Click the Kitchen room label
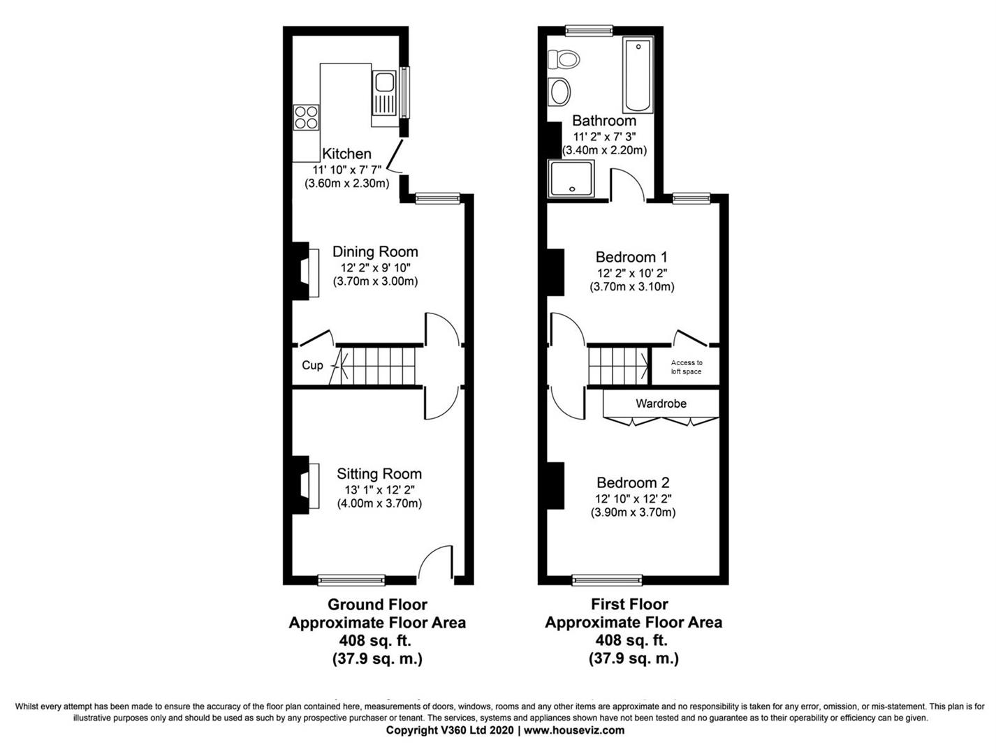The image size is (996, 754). point(346,154)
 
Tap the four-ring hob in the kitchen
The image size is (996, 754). point(306,117)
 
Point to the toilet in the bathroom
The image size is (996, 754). point(565,59)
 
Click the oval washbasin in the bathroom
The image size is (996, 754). point(560,91)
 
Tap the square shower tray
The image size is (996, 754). point(572,178)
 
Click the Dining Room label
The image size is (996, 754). point(375,252)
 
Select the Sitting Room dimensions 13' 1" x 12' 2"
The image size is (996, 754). point(379,489)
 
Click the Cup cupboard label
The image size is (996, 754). point(312,365)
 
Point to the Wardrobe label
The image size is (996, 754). point(661,404)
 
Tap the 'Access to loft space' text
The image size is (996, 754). point(687,367)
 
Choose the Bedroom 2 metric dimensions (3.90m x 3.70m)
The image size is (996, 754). point(633,512)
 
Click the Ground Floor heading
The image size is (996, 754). point(377,605)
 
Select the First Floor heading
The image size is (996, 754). point(629,605)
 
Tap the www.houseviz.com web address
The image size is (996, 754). point(574,730)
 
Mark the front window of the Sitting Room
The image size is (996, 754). point(351,579)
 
